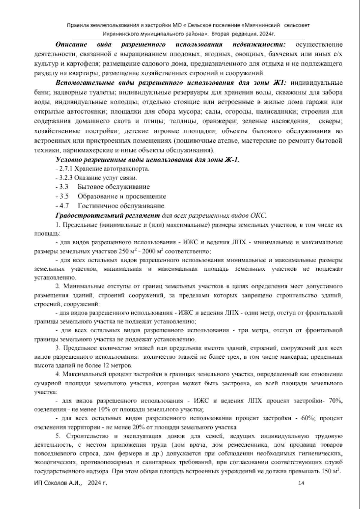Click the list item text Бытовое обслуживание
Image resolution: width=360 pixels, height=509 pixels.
(x=113, y=187)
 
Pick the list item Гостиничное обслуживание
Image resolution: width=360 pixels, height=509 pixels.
(x=121, y=206)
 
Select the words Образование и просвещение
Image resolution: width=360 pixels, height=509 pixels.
(x=121, y=197)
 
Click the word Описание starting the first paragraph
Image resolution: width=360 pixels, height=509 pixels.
(x=71, y=45)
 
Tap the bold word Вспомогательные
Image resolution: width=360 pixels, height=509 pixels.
(x=78, y=83)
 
